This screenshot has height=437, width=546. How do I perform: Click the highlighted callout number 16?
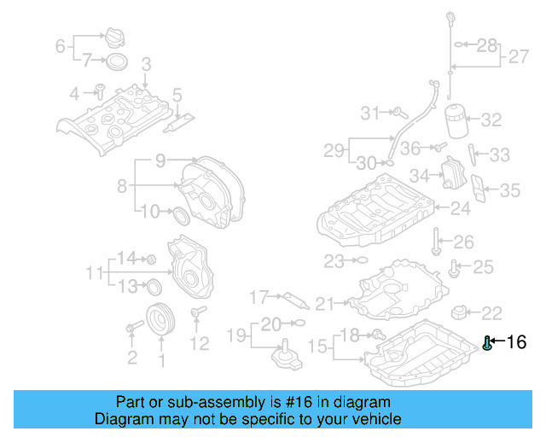coord(517,342)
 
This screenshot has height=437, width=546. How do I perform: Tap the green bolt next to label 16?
coord(487,343)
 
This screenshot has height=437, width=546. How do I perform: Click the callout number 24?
coord(461,207)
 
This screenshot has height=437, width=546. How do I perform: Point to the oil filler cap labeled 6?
coord(113,38)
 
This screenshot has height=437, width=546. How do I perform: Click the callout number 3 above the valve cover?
coord(146,64)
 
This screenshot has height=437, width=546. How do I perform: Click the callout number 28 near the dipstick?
coord(486,45)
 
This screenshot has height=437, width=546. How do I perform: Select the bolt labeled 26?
coord(437,242)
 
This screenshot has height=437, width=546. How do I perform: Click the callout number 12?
coord(199,344)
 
